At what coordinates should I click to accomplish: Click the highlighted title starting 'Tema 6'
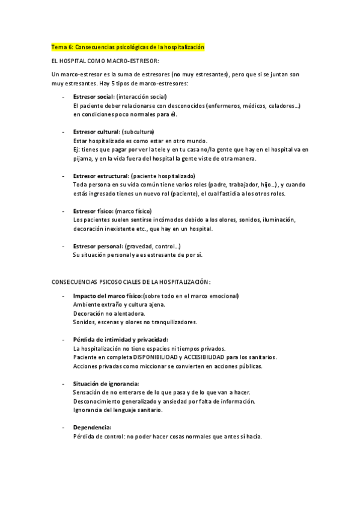128,47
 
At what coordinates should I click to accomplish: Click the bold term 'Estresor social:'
93,97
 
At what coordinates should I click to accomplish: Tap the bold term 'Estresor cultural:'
96,131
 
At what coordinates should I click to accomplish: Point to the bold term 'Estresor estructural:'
100,175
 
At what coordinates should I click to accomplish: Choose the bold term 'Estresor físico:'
93,211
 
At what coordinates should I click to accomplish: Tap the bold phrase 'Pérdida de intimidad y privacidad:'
120,340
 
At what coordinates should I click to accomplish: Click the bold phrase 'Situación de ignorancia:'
106,383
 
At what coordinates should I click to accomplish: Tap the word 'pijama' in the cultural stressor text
81,158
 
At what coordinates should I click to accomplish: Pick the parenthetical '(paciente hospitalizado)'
162,175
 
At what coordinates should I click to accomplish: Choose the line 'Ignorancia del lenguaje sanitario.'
118,410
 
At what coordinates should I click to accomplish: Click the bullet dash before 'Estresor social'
64,97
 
